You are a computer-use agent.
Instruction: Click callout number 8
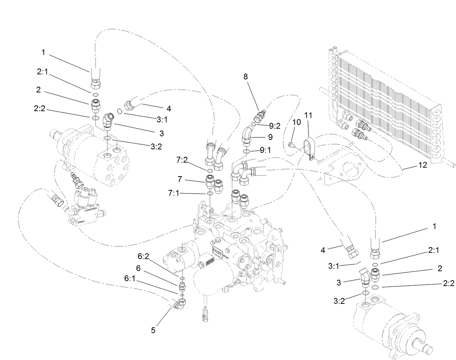(x=245, y=76)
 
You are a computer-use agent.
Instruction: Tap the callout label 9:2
(x=275, y=126)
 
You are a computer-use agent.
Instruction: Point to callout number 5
(x=153, y=330)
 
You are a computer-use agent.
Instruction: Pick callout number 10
(x=297, y=122)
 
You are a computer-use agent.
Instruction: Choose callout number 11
(x=308, y=116)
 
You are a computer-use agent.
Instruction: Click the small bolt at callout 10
(x=290, y=145)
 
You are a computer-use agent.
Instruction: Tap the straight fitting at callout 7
(x=210, y=180)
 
